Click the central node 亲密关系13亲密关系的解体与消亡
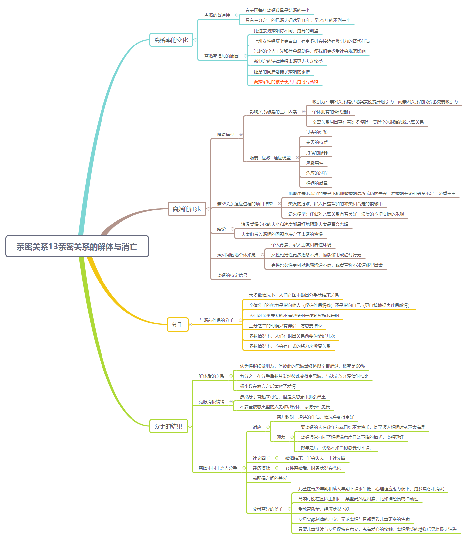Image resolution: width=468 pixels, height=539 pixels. (x=77, y=247)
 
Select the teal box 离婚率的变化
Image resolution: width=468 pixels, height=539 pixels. (x=171, y=40)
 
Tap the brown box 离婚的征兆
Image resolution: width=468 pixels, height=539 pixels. (x=187, y=209)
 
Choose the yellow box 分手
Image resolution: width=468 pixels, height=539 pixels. (x=177, y=325)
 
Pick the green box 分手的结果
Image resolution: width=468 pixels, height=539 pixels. (x=168, y=426)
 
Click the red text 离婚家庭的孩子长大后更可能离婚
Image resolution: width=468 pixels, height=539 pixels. (x=286, y=82)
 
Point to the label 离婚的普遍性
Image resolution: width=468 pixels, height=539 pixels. (x=217, y=15)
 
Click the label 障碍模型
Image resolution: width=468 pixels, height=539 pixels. (x=226, y=135)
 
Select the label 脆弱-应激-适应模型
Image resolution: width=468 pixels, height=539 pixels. (x=270, y=158)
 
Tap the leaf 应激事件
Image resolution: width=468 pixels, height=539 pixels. (x=315, y=163)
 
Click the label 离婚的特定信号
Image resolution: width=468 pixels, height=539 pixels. (x=232, y=275)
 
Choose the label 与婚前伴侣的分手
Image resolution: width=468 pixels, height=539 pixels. (x=217, y=320)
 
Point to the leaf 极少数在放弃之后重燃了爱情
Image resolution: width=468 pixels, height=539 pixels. (x=268, y=386)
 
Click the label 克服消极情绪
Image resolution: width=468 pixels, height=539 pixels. (x=212, y=402)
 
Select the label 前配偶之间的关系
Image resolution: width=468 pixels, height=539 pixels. (x=270, y=478)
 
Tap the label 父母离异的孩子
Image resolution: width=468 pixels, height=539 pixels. (x=268, y=509)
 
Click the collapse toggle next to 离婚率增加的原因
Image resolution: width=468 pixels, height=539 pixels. (x=245, y=56)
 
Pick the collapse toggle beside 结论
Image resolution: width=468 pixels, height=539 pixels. (x=233, y=229)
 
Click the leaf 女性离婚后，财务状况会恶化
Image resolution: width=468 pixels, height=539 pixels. (x=313, y=468)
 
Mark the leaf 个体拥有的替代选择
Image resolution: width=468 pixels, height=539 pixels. (x=332, y=112)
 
